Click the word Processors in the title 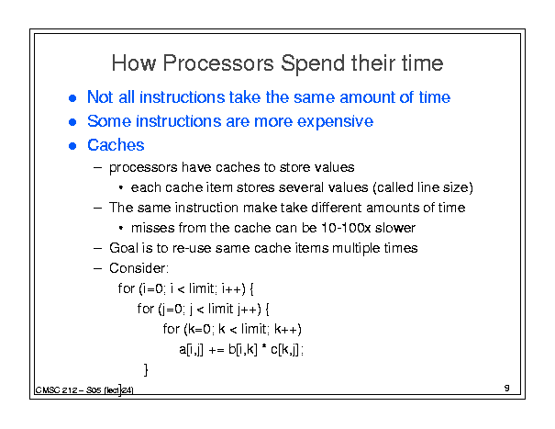pos(218,63)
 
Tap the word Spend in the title pos(313,64)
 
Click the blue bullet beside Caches pos(72,146)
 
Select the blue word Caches pos(116,145)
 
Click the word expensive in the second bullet pos(335,121)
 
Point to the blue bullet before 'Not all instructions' pos(72,98)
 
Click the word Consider pos(139,268)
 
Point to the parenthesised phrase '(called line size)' pos(423,187)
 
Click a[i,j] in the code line pos(191,350)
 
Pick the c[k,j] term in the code pos(285,350)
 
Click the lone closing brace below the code pos(146,369)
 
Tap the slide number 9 pos(507,388)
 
